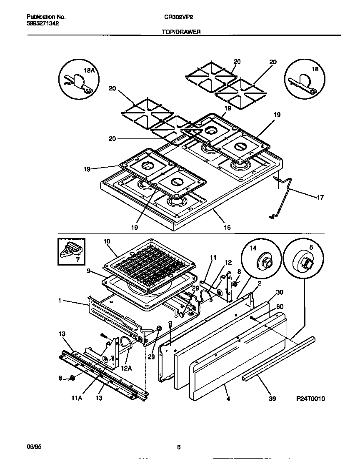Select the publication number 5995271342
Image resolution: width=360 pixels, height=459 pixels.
pos(43,24)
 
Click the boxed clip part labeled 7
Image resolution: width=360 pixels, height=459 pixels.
pos(71,252)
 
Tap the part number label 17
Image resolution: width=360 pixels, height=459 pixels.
pos(320,198)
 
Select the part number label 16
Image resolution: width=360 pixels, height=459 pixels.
pos(227,228)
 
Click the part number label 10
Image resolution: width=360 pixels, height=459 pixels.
pos(107,241)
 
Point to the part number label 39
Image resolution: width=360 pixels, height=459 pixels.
pos(273,398)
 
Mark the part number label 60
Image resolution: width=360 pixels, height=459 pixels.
pos(280,306)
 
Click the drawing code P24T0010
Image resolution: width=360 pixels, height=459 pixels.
pos(310,399)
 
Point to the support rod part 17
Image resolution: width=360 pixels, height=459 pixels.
pos(287,196)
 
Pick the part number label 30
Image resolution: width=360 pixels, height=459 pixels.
pos(279,292)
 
